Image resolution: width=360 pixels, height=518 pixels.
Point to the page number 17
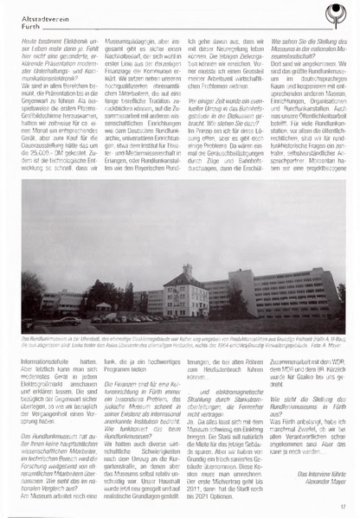pos(344,507)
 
